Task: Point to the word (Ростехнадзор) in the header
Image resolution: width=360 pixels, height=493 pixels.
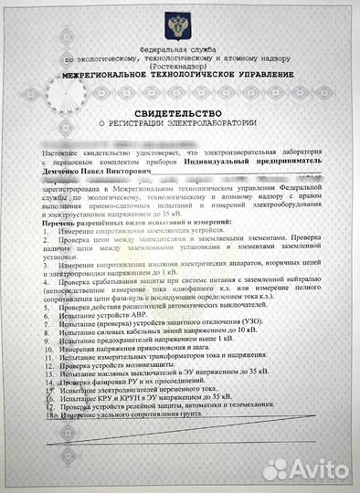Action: point(180,65)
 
